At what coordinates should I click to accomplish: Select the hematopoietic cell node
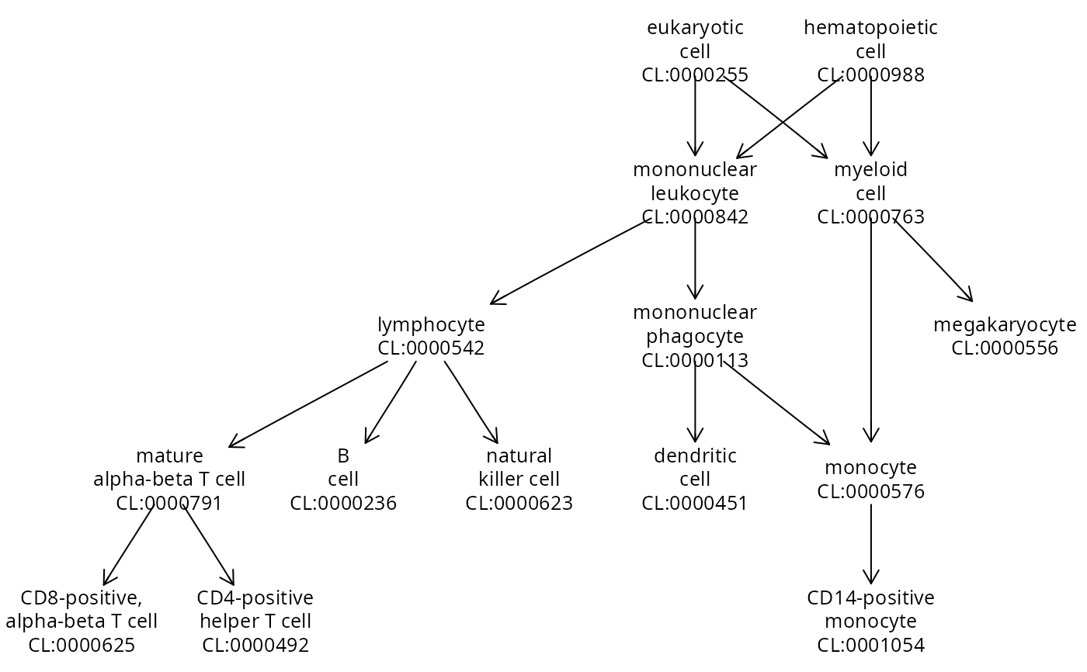tap(870, 51)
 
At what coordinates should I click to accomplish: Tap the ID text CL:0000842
tap(695, 216)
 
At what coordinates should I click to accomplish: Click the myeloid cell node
tap(870, 192)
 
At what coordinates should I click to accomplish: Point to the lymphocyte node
tap(431, 336)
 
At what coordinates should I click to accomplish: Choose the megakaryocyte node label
tap(1004, 336)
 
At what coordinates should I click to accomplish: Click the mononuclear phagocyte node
tap(695, 336)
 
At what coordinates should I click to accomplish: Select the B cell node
tap(343, 479)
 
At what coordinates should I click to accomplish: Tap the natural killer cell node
tap(519, 479)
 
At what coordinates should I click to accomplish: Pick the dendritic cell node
tap(695, 479)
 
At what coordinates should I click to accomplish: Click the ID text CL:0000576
tap(870, 491)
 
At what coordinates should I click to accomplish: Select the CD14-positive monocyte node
tap(870, 621)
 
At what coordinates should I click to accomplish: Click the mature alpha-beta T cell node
tap(169, 479)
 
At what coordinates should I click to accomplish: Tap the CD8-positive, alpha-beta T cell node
tap(82, 621)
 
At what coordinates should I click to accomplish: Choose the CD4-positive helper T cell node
tap(255, 621)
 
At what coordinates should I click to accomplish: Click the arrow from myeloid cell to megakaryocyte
tap(932, 260)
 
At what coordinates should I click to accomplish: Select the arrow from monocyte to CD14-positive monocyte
tap(870, 543)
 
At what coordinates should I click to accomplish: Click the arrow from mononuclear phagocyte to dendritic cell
tap(695, 402)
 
